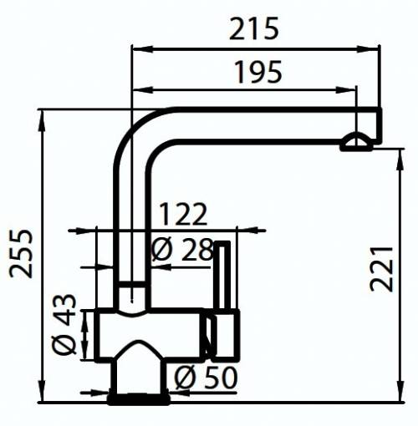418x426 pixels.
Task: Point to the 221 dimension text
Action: click(382, 268)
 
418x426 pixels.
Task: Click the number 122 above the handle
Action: click(182, 215)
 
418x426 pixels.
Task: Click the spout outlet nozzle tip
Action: click(358, 144)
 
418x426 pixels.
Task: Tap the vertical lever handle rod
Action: click(223, 276)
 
